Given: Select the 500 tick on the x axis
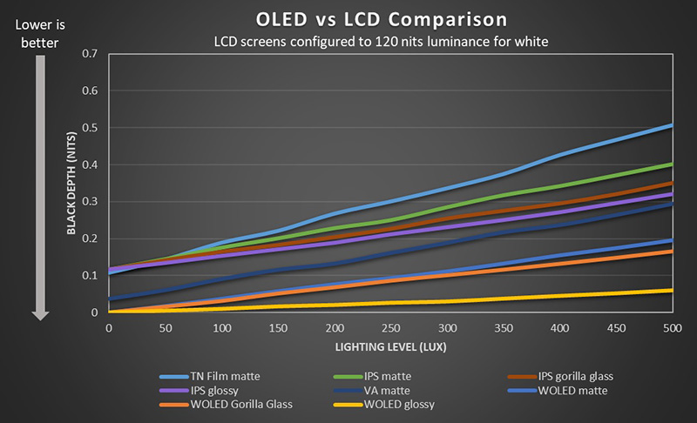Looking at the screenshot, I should pyautogui.click(x=673, y=328).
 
